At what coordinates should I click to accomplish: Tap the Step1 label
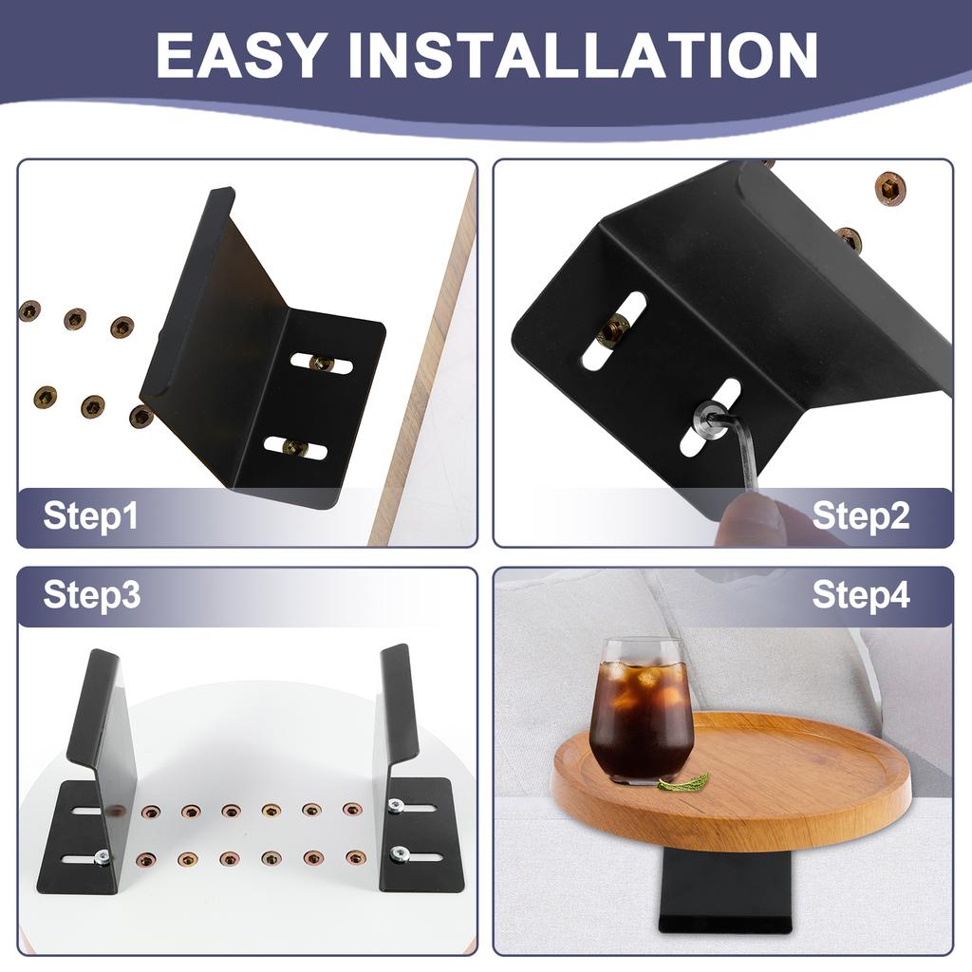click(x=90, y=516)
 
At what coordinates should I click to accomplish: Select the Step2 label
click(x=861, y=516)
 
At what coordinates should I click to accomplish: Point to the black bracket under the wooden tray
click(x=726, y=892)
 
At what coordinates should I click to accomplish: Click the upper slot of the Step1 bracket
click(x=322, y=363)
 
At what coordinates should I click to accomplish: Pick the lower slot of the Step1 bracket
click(x=295, y=447)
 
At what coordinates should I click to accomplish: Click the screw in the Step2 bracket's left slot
click(x=614, y=331)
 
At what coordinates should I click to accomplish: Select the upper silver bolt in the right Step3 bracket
click(x=395, y=806)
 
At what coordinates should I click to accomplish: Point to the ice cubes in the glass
click(x=641, y=683)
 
